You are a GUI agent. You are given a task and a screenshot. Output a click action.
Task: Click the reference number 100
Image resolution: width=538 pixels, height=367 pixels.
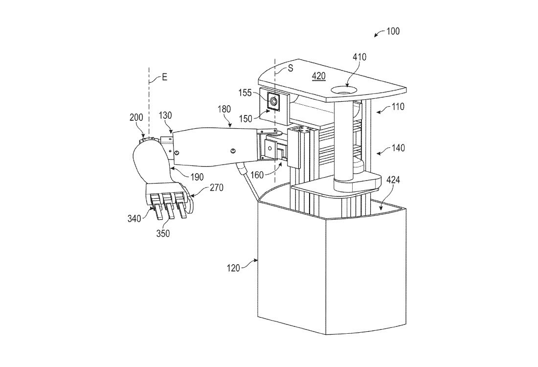pyautogui.click(x=392, y=31)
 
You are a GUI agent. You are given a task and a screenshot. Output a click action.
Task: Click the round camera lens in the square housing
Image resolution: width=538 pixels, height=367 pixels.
pyautogui.click(x=273, y=101)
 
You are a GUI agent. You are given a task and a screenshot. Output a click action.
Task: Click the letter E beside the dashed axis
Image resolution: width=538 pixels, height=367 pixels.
pyautogui.click(x=164, y=77)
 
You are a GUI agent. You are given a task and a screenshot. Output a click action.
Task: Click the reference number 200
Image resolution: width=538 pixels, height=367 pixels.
pyautogui.click(x=137, y=117)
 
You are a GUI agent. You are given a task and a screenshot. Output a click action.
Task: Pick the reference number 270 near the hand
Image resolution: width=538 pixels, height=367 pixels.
pyautogui.click(x=218, y=187)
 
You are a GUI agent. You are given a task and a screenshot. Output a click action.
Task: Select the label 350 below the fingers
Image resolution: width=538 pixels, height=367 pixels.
pyautogui.click(x=163, y=233)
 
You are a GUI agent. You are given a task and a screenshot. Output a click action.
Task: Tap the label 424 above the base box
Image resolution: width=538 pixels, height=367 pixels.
pyautogui.click(x=394, y=180)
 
